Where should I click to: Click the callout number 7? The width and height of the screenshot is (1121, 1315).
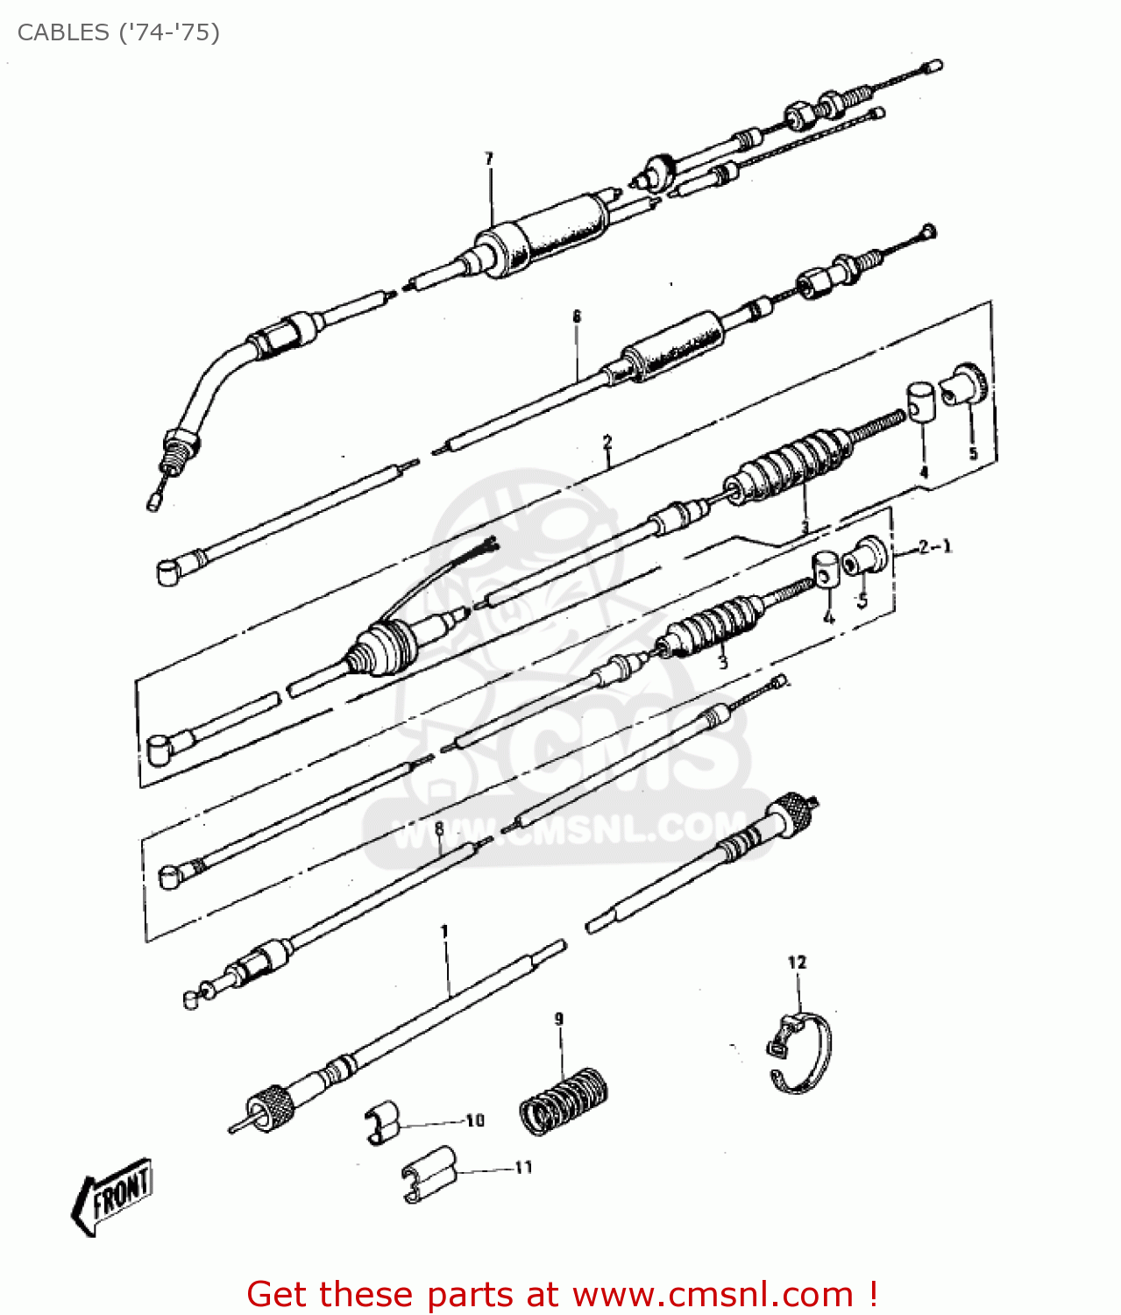[488, 159]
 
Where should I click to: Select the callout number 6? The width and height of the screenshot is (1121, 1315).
[577, 316]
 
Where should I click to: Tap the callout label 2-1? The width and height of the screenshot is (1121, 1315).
[934, 546]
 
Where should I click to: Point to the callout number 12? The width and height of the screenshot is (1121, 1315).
[797, 962]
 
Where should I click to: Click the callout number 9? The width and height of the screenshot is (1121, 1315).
[558, 1020]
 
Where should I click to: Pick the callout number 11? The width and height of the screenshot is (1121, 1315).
[523, 1168]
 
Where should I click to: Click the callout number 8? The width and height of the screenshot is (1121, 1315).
[439, 828]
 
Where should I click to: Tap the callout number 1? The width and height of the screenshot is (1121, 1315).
[444, 931]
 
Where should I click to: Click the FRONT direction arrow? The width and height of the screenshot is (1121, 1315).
[113, 1196]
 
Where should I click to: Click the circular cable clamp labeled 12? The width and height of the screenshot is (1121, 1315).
[799, 1053]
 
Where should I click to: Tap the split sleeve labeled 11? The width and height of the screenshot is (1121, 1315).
[430, 1175]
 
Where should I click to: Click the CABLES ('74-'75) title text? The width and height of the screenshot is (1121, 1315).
[118, 32]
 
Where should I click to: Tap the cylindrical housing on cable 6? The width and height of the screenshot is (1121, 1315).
[672, 347]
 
